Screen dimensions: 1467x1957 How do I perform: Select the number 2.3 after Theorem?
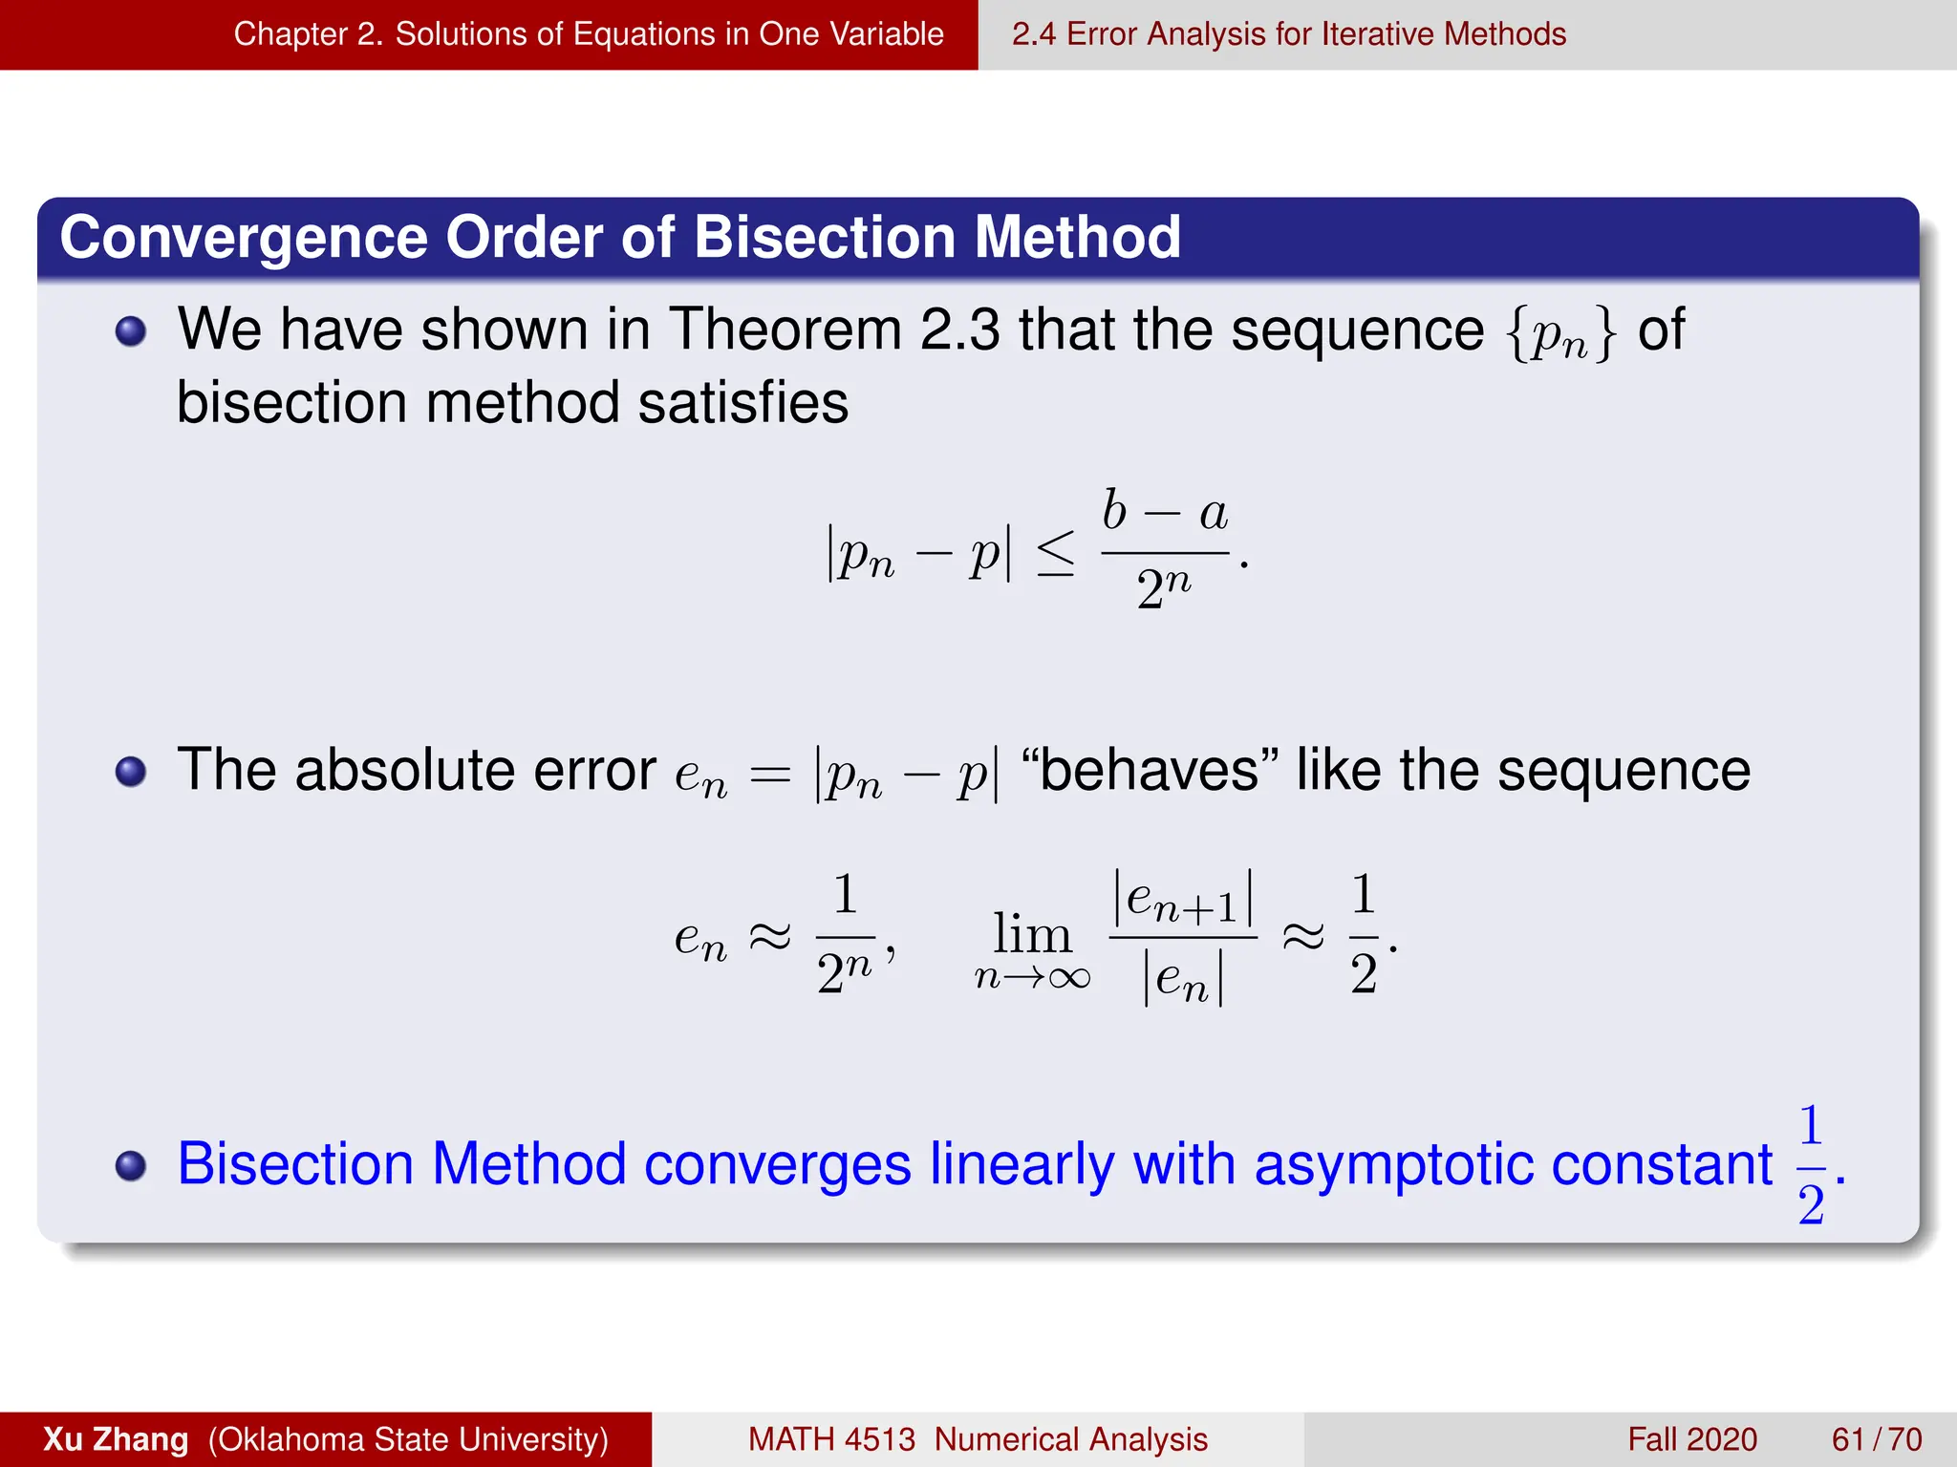click(x=959, y=330)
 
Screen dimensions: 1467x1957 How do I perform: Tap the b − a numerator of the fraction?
click(x=1165, y=512)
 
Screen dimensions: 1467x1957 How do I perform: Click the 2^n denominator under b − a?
click(x=1164, y=588)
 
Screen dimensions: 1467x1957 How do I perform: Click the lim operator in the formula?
click(x=1031, y=933)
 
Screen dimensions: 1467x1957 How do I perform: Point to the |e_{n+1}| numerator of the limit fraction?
click(x=1183, y=899)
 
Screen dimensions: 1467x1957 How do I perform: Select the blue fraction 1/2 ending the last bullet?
click(x=1811, y=1165)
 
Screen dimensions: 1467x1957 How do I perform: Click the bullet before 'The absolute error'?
click(x=131, y=771)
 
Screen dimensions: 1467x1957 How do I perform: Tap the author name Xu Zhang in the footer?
click(x=116, y=1439)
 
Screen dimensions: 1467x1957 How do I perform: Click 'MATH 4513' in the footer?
click(x=831, y=1439)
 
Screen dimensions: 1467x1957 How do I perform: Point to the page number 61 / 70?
click(x=1876, y=1439)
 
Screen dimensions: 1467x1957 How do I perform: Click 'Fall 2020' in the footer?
click(x=1691, y=1439)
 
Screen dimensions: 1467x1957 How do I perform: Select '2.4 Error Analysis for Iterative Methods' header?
click(x=1288, y=34)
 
